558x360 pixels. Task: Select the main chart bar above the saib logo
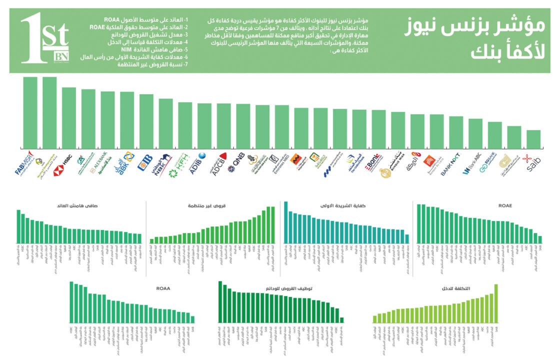point(533,139)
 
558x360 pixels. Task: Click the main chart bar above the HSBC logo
point(69,117)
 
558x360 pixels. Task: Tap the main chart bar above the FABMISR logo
point(30,112)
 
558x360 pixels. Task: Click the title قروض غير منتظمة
point(200,205)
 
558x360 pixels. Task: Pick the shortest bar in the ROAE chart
point(540,239)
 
